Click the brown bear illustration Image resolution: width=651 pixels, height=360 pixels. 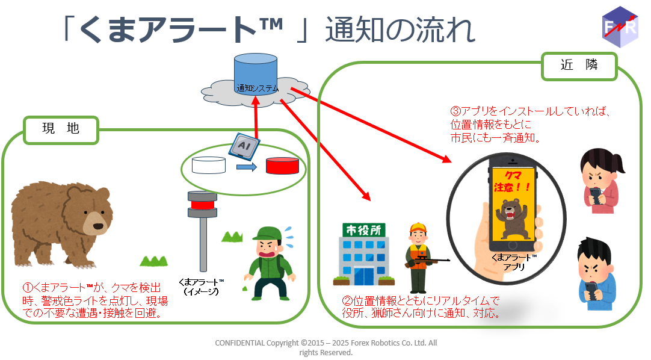[60, 223]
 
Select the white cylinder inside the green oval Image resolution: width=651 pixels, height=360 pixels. [208, 164]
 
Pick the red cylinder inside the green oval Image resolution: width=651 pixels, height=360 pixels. [282, 165]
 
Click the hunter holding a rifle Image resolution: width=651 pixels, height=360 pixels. [419, 253]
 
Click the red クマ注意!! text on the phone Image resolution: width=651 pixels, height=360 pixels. [511, 181]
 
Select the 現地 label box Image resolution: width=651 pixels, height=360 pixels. [61, 129]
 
